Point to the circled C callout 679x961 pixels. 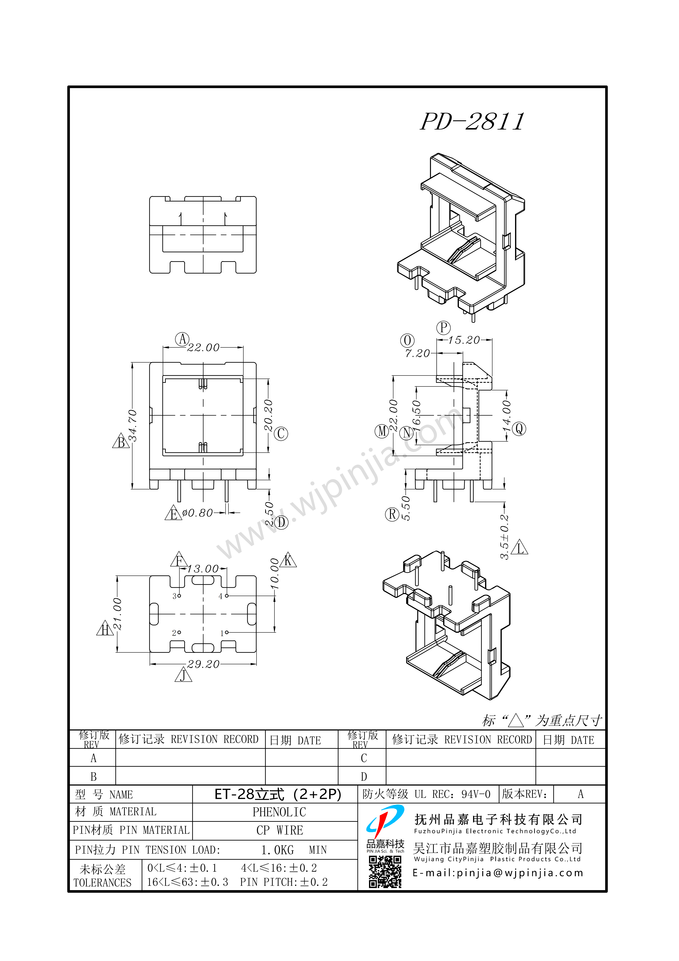[x=281, y=434]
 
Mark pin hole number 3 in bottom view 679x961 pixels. [x=179, y=596]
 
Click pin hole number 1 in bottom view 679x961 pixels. [x=227, y=632]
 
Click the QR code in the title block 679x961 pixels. [x=385, y=872]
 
